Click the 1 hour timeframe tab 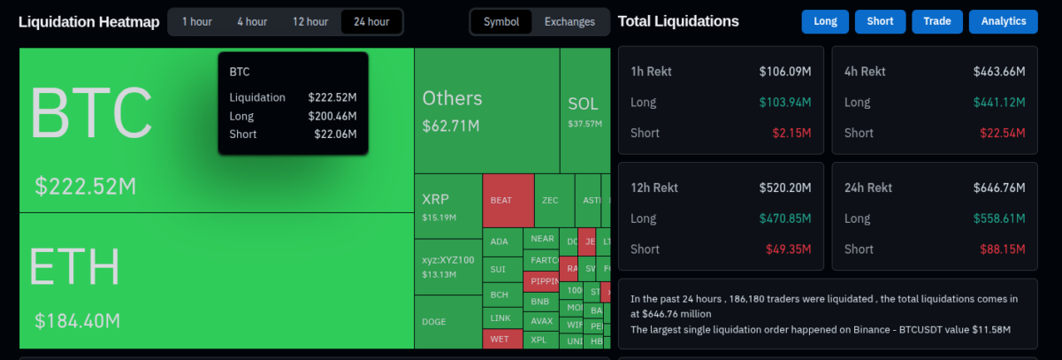196,21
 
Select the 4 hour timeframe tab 252,21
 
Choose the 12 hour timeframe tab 310,21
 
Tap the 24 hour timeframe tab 371,21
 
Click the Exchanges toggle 569,21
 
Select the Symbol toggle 501,21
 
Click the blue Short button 880,21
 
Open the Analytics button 1003,21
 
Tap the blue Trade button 936,21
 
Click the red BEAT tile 508,201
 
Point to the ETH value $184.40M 77,320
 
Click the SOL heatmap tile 584,110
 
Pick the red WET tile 501,339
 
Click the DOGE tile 447,322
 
